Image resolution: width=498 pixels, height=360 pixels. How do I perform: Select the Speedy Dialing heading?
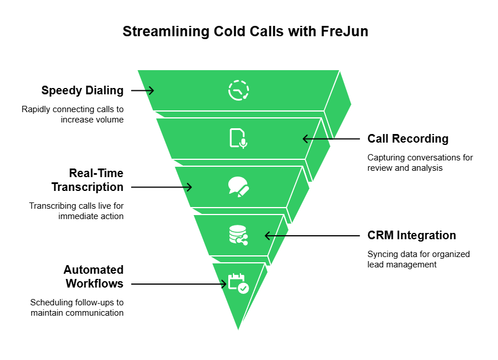tap(82, 90)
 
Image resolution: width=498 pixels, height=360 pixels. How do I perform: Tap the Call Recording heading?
tap(408, 139)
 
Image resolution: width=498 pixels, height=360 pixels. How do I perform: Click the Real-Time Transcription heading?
tap(87, 180)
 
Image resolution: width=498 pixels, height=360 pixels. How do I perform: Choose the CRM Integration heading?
tap(411, 235)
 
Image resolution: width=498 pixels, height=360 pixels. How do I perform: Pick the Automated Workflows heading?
tap(94, 277)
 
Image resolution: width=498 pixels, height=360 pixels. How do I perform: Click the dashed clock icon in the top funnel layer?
tap(238, 91)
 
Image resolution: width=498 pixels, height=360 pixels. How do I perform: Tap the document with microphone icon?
tap(238, 139)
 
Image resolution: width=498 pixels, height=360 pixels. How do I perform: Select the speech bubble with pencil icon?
tap(238, 187)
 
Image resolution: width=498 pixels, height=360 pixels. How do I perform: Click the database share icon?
tap(238, 235)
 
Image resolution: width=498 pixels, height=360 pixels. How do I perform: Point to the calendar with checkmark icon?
tap(238, 284)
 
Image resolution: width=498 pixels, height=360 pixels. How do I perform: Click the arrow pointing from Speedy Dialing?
tap(143, 90)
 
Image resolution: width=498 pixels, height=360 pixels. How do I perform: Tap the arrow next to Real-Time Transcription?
tap(162, 187)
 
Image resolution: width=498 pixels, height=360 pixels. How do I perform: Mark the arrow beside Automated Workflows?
tap(179, 284)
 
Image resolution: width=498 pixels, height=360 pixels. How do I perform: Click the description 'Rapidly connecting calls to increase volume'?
tap(72, 114)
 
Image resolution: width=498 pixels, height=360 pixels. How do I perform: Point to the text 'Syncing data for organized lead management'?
tap(418, 259)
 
